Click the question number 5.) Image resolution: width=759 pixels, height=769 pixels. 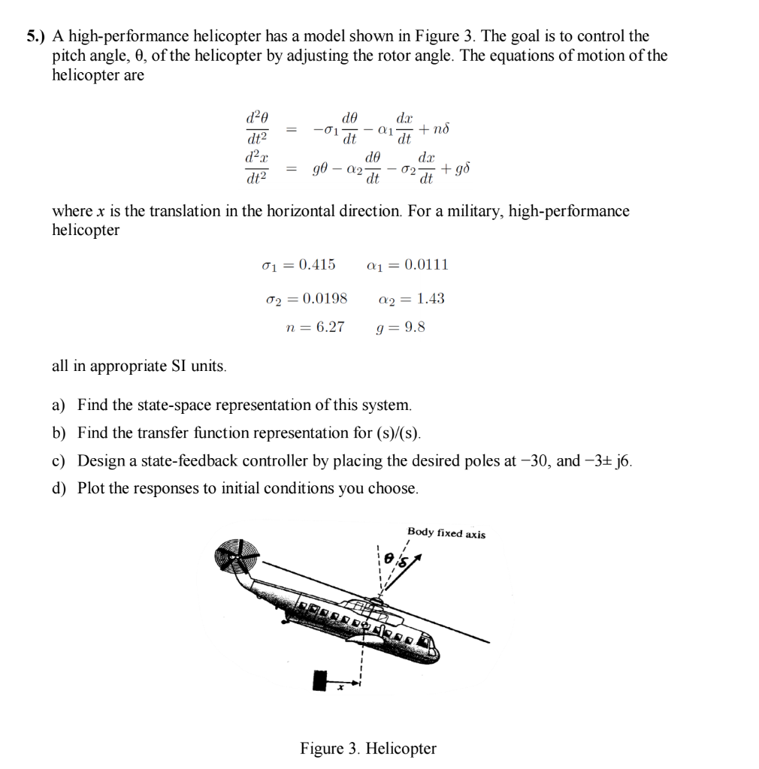pyautogui.click(x=35, y=36)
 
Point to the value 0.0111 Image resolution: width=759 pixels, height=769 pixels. pyautogui.click(x=426, y=264)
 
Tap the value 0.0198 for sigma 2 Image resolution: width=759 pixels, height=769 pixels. pyautogui.click(x=323, y=298)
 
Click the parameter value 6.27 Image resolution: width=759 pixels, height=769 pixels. pyautogui.click(x=326, y=327)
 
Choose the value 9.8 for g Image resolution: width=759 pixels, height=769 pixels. pyautogui.click(x=415, y=327)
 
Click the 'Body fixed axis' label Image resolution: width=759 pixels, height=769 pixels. pyautogui.click(x=446, y=534)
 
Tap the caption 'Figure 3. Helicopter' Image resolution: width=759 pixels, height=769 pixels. pyautogui.click(x=368, y=748)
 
